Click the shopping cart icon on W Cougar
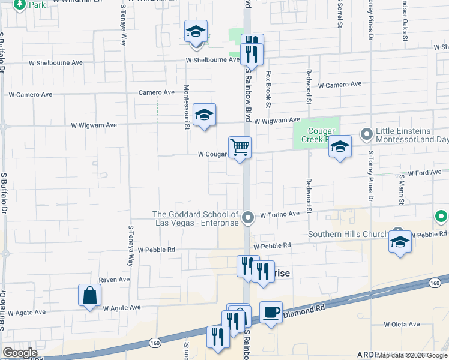pos(240,146)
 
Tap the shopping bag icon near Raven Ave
pos(89,295)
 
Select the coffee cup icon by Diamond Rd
pos(271,312)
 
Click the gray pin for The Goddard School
pos(249,217)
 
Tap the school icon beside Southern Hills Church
pos(399,241)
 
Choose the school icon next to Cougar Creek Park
pos(340,147)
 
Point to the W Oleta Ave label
pos(402,324)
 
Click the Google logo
pos(20,353)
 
